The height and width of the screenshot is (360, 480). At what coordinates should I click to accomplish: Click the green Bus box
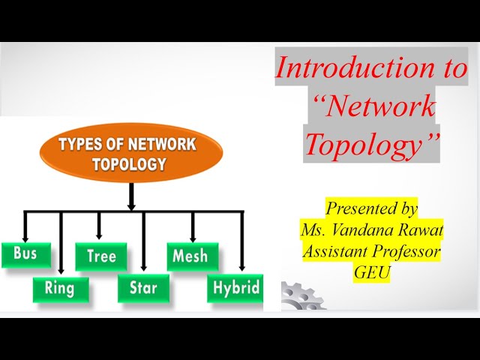pyautogui.click(x=25, y=253)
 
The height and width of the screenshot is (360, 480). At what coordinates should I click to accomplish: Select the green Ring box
pyautogui.click(x=60, y=289)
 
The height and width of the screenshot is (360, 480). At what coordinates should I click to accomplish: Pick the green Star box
pyautogui.click(x=144, y=289)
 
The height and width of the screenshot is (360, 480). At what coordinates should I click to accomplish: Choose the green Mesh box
pyautogui.click(x=193, y=256)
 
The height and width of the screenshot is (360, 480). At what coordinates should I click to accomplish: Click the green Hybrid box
pyautogui.click(x=235, y=288)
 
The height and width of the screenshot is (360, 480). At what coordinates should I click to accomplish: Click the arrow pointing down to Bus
pyautogui.click(x=25, y=226)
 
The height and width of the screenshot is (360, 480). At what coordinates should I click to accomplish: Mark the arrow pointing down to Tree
pyautogui.click(x=99, y=225)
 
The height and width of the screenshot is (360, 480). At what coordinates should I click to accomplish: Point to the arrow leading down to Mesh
pyautogui.click(x=193, y=225)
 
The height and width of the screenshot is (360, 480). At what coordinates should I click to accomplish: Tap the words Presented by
pyautogui.click(x=371, y=208)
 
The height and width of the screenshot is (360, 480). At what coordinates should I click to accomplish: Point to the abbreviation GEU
pyautogui.click(x=372, y=272)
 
